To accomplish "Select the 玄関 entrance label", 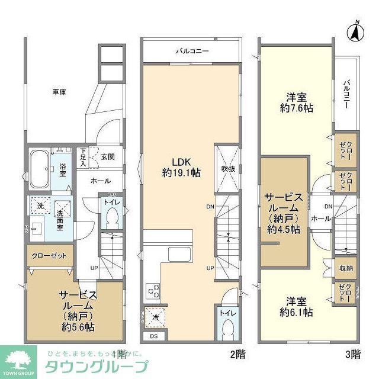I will point(107,156).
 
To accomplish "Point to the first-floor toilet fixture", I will point(110,219).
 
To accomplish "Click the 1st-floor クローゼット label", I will point(50,256).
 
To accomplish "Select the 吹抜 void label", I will point(229,169).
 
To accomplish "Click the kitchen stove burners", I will point(153,291).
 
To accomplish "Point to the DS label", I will point(153,337).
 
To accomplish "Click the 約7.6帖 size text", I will point(297,108).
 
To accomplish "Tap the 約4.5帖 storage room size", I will point(283,229).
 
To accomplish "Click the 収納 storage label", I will point(346,268).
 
